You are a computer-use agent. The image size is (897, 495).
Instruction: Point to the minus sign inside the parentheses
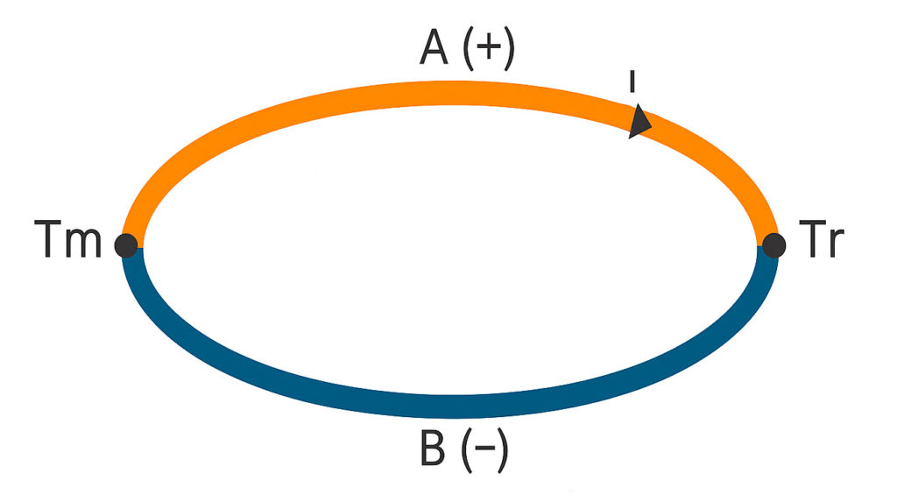point(483,452)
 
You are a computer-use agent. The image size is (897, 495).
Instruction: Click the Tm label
point(68,242)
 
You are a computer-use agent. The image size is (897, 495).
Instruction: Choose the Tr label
point(823,242)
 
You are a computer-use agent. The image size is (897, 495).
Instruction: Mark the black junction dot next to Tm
point(127,245)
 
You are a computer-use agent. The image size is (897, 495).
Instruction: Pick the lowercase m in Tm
point(86,245)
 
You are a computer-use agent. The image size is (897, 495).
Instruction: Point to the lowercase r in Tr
point(837,245)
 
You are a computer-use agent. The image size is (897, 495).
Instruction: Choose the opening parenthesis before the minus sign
point(464,453)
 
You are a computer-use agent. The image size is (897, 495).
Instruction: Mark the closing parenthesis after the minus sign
point(502,453)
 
